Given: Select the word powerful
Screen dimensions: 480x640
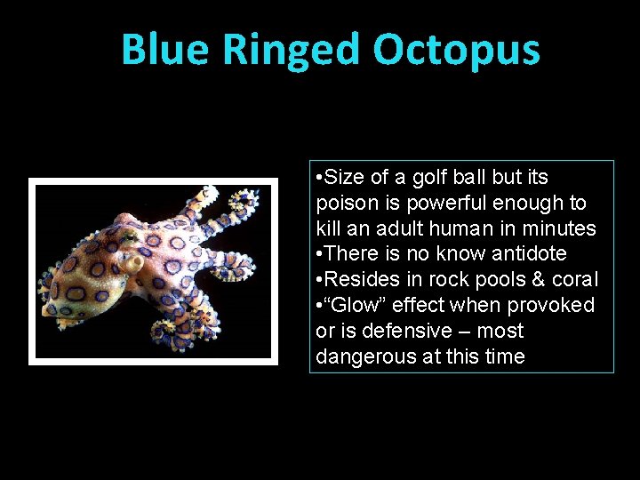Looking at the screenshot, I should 450,204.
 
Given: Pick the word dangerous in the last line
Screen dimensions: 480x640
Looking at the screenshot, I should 361,356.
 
